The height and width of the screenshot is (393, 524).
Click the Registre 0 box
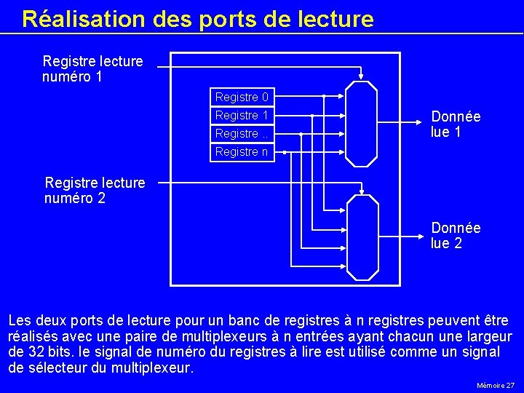click(x=242, y=97)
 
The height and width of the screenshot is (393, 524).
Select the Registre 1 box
click(x=242, y=115)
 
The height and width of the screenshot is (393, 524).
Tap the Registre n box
click(x=242, y=151)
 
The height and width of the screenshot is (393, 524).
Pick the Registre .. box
click(x=242, y=133)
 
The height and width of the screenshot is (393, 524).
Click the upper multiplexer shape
click(x=361, y=124)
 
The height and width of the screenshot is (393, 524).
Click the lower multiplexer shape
click(x=362, y=237)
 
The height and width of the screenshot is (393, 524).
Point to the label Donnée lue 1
click(x=456, y=124)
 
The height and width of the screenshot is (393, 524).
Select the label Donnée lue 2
click(x=456, y=236)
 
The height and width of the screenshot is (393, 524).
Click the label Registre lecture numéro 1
click(x=92, y=68)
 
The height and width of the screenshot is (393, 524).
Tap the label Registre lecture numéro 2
click(x=95, y=189)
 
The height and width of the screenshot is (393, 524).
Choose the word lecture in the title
click(x=332, y=19)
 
